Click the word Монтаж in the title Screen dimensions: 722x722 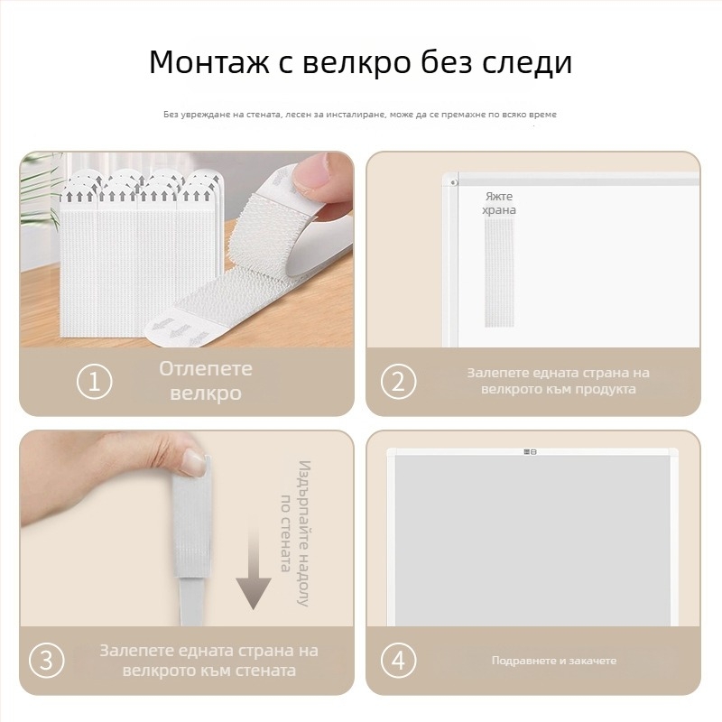pos(210,62)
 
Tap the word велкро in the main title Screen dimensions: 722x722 pos(356,62)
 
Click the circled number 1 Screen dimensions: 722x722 pos(95,382)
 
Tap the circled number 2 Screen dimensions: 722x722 pos(398,382)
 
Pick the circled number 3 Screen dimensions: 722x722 pos(47,660)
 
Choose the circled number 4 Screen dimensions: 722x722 pos(398,660)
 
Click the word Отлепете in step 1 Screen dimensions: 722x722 pos(206,369)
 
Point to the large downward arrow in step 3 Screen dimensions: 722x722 pos(254,569)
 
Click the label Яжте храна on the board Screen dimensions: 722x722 pos(499,203)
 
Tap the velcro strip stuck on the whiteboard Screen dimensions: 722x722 pos(499,272)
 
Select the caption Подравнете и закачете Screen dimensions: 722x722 pos(554,661)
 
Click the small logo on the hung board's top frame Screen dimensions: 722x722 pos(531,452)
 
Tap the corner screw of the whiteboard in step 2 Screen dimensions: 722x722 pos(454,182)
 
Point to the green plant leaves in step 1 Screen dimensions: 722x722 pos(39,193)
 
